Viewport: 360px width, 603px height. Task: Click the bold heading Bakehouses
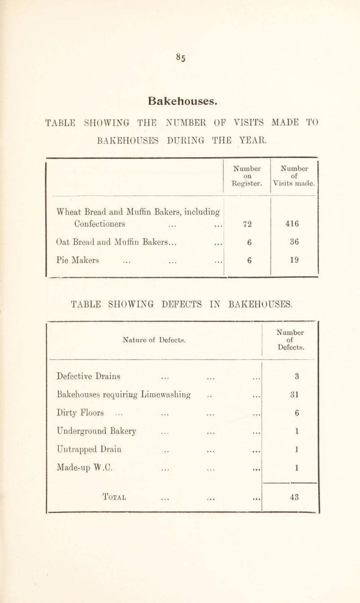(x=180, y=87)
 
